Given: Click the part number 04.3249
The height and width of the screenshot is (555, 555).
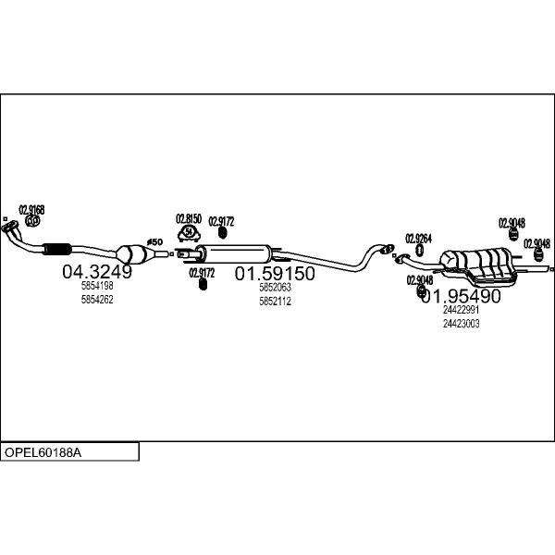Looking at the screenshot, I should [97, 272].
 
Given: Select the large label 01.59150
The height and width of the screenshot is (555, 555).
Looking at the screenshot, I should [275, 274].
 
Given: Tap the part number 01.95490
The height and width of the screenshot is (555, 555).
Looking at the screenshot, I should [461, 296].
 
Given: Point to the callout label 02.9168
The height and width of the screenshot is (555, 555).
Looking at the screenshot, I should [32, 210].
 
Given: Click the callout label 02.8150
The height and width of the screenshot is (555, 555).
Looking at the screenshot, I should [189, 218].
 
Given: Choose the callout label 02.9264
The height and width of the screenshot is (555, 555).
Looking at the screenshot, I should [419, 237].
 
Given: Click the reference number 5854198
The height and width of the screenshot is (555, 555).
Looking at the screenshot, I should [97, 287].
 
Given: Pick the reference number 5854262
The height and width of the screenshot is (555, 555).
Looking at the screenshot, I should [97, 300].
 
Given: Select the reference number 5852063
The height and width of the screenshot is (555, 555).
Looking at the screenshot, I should [275, 289].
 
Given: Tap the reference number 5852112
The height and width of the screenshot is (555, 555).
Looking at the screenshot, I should [275, 302].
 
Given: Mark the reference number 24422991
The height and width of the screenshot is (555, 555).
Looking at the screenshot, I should [461, 311].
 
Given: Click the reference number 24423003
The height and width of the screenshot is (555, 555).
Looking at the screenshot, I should [461, 324].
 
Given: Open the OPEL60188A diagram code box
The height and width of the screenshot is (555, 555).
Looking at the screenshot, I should [69, 452].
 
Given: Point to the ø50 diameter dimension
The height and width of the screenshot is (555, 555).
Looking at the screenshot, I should [155, 241].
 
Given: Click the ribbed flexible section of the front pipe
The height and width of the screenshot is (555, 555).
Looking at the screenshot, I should [57, 247].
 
